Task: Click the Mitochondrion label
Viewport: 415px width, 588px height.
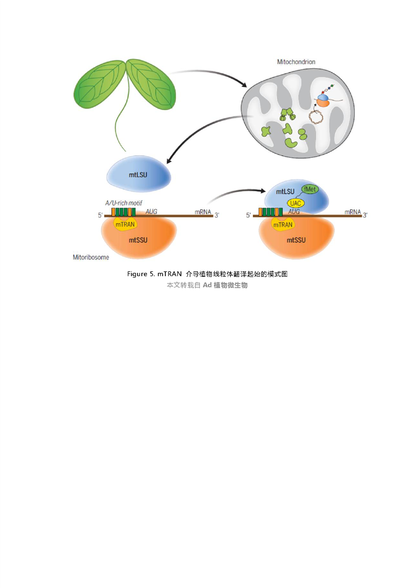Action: pyautogui.click(x=296, y=62)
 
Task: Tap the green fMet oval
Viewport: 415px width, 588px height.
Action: pyautogui.click(x=310, y=189)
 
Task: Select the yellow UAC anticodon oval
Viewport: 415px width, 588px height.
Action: pyautogui.click(x=296, y=203)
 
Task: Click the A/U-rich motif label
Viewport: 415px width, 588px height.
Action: pyautogui.click(x=124, y=203)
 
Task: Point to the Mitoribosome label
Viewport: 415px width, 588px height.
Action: pyautogui.click(x=91, y=257)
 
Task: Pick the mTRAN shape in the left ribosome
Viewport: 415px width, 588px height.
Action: pyautogui.click(x=125, y=224)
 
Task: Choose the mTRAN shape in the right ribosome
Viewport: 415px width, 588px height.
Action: pyautogui.click(x=283, y=224)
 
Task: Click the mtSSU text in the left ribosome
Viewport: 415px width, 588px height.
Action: pyautogui.click(x=138, y=240)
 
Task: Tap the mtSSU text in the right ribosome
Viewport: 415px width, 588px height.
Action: pyautogui.click(x=296, y=240)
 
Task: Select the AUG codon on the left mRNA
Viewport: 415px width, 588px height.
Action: pyautogui.click(x=151, y=212)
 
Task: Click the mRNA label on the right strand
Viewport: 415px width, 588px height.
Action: pyautogui.click(x=353, y=212)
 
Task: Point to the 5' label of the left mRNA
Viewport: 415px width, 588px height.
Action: pyautogui.click(x=100, y=215)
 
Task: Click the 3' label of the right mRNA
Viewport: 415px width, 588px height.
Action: pyautogui.click(x=365, y=215)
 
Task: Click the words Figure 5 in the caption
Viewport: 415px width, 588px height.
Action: pyautogui.click(x=140, y=274)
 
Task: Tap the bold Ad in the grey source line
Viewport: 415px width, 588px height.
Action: pyautogui.click(x=207, y=285)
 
